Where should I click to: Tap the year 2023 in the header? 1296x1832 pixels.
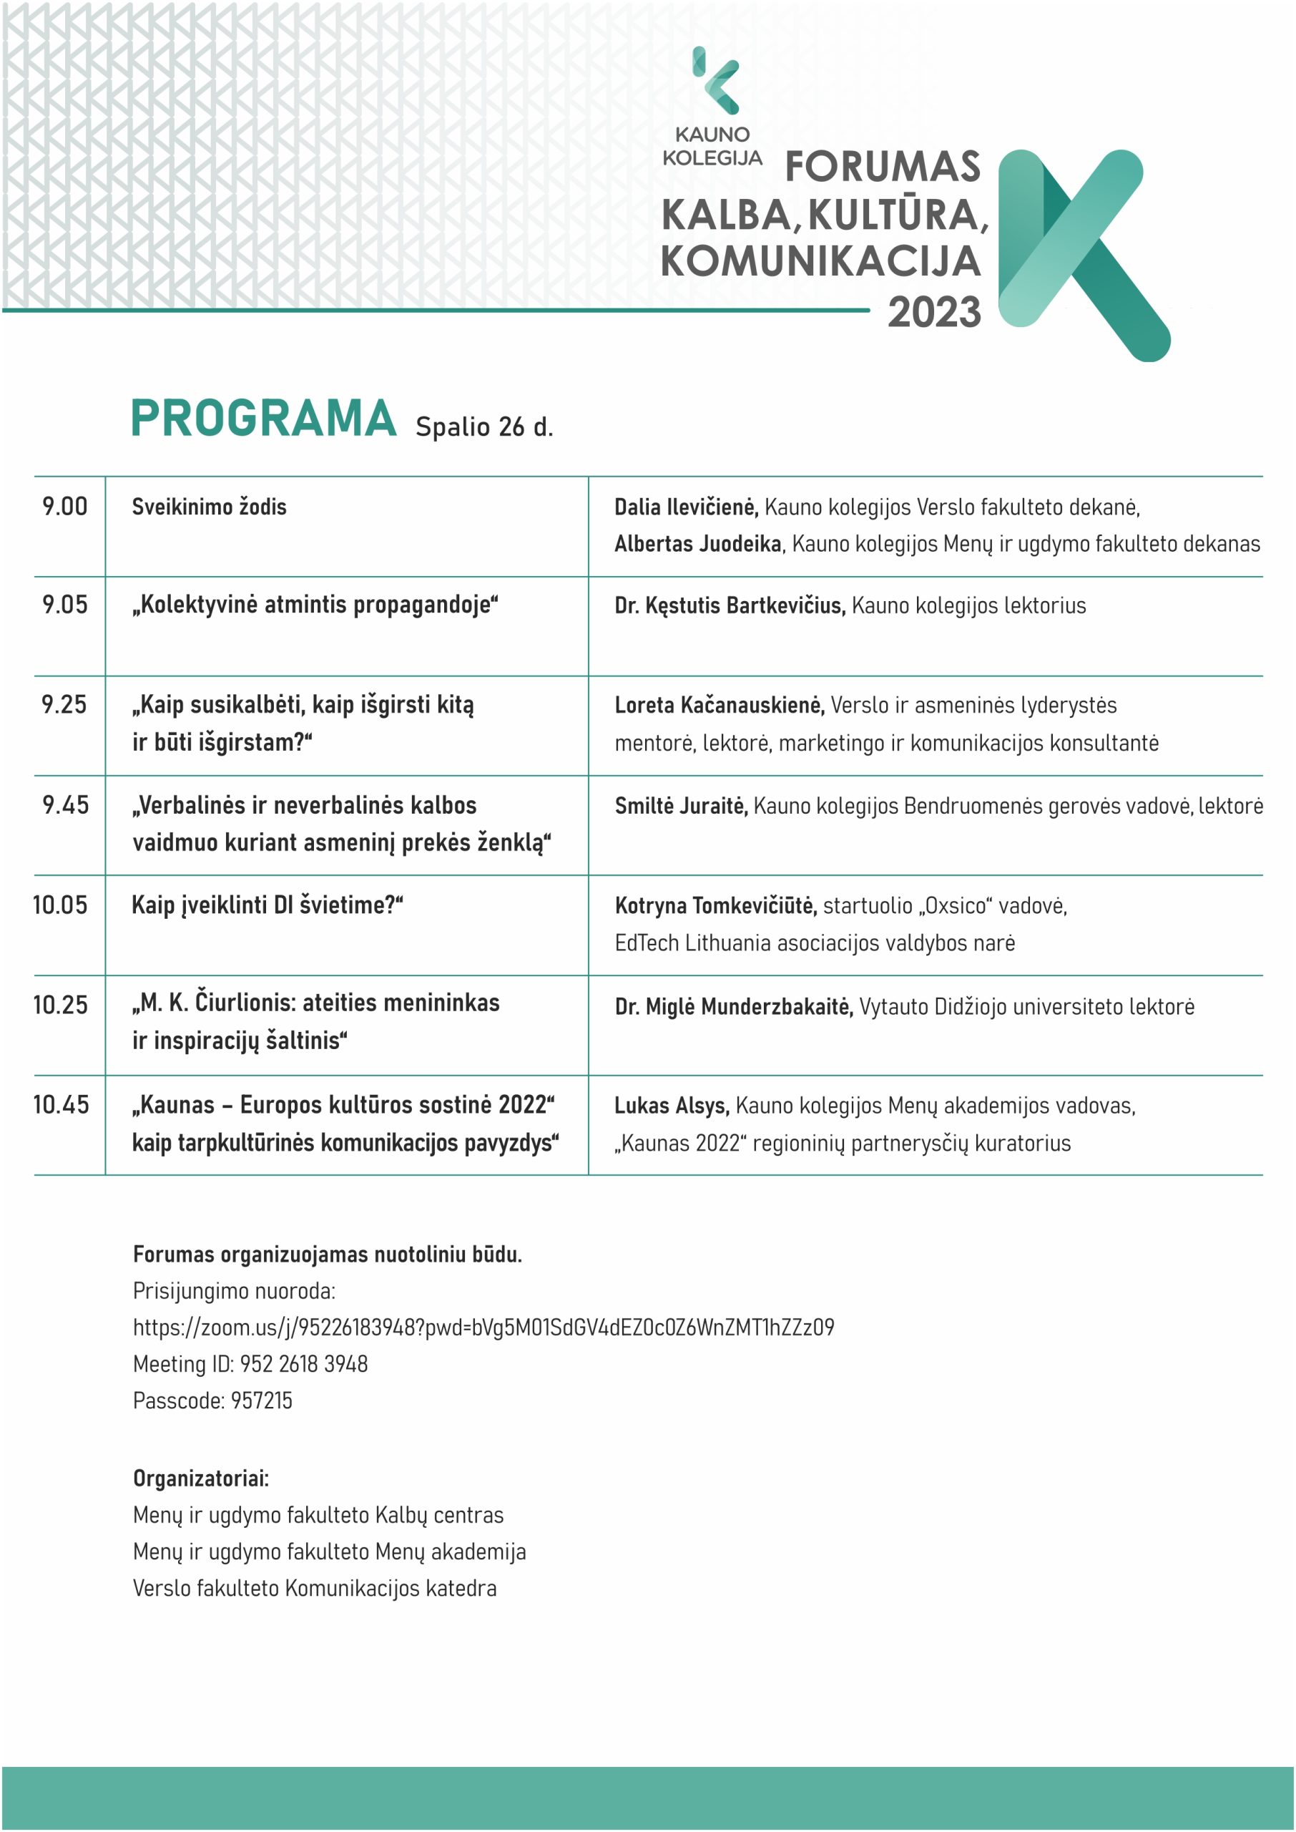933,312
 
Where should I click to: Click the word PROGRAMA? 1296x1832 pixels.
263,419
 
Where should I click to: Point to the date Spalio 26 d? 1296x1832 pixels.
483,427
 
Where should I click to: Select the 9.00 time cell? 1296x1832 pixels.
65,506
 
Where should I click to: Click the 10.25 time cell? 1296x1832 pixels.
61,1005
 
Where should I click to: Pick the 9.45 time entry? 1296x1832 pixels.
65,804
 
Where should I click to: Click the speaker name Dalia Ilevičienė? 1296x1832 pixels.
685,507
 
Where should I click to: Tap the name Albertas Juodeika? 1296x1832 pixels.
698,544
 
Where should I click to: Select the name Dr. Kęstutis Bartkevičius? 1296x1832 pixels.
730,606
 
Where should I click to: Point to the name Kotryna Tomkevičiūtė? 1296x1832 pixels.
715,906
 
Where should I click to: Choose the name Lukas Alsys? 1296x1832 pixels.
671,1106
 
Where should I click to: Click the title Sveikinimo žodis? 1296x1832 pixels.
209,507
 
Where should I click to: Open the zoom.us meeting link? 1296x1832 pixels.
483,1327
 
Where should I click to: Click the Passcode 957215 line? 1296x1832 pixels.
213,1400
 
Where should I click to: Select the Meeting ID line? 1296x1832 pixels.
250,1364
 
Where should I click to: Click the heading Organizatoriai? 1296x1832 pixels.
201,1478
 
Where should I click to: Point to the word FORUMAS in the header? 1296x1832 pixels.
882,167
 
